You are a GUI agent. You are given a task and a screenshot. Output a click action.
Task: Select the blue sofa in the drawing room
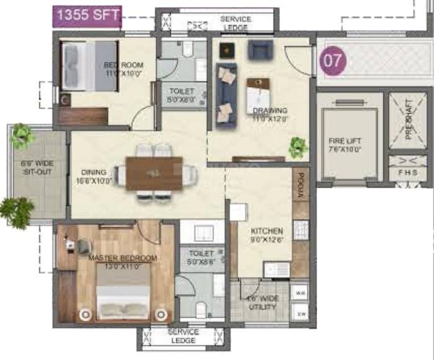pos(226,95)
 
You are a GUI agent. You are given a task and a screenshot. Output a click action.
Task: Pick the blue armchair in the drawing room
pos(260,50)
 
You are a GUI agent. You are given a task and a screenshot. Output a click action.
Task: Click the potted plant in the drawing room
pos(298,147)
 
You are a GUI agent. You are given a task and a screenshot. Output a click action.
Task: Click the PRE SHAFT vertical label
pos(409,120)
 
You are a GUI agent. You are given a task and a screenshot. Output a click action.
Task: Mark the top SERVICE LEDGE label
pos(236,24)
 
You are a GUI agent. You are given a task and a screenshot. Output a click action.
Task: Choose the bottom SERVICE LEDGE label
pos(184,336)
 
